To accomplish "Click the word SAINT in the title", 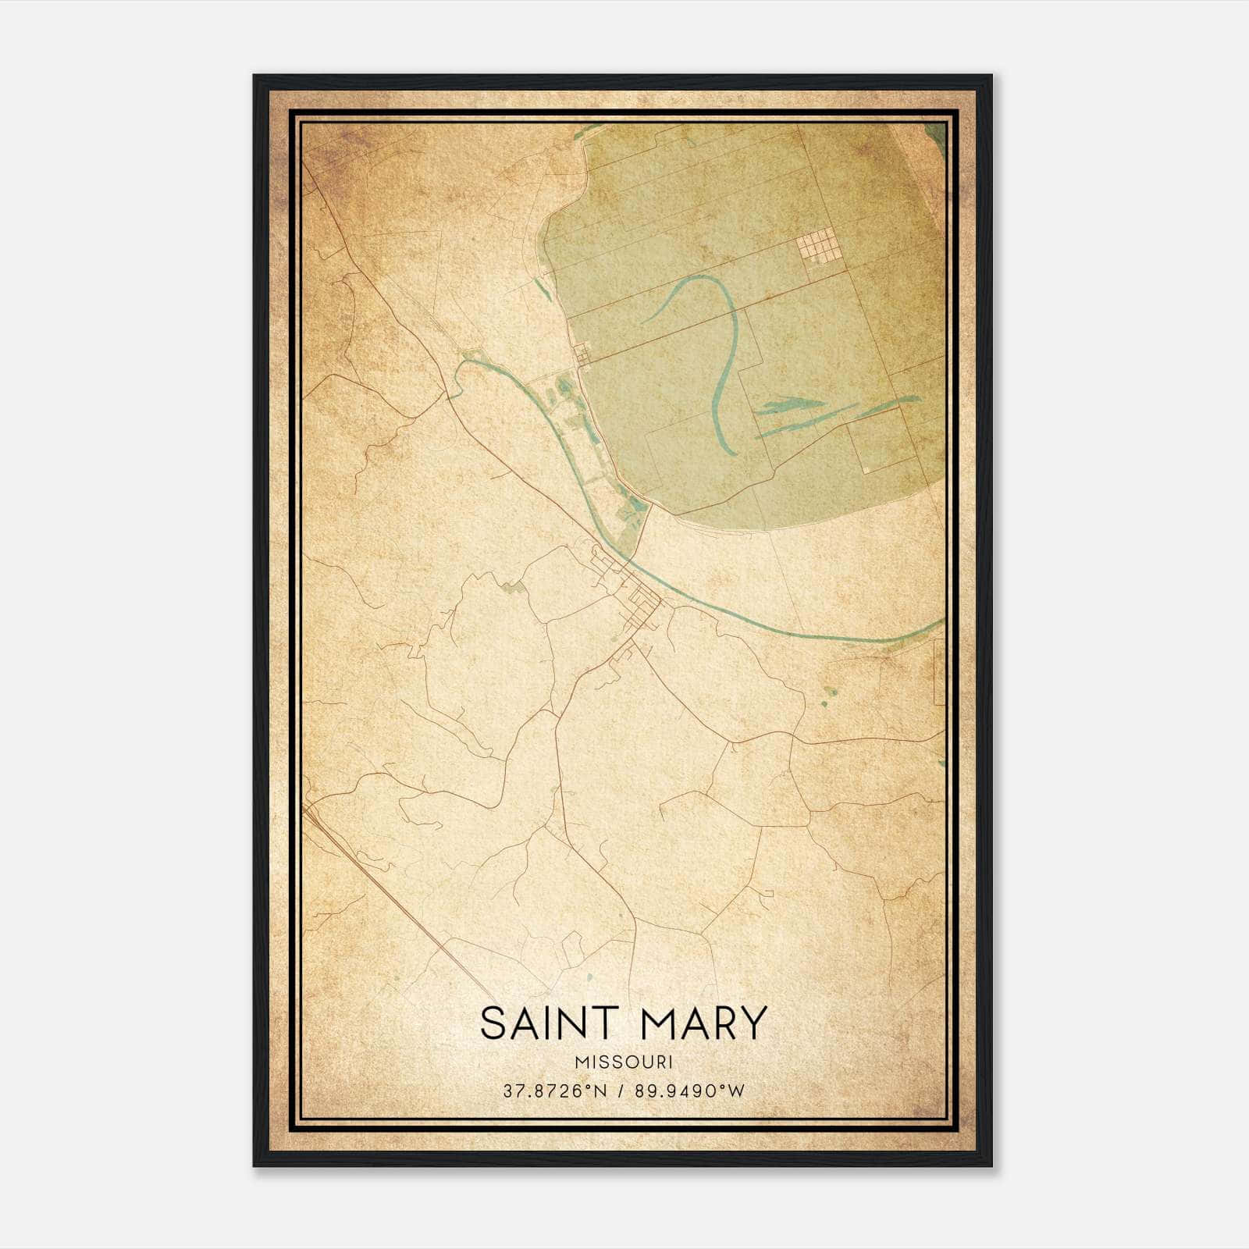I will pyautogui.click(x=549, y=1023).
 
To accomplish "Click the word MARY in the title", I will pyautogui.click(x=704, y=1023).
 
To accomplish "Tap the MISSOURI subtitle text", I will pyautogui.click(x=624, y=1062).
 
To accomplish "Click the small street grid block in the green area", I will pyautogui.click(x=817, y=248).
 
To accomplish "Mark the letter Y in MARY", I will pyautogui.click(x=750, y=1023).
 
